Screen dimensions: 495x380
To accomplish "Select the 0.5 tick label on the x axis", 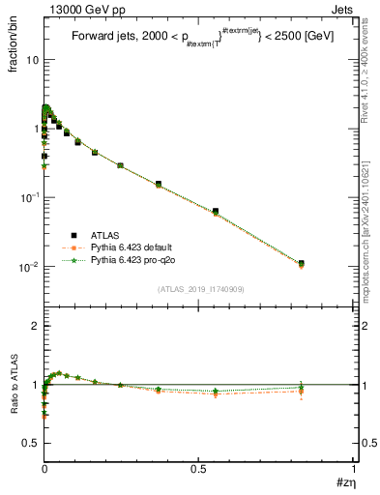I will click(x=199, y=469).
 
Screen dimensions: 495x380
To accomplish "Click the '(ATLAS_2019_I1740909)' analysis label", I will click(x=199, y=289).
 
